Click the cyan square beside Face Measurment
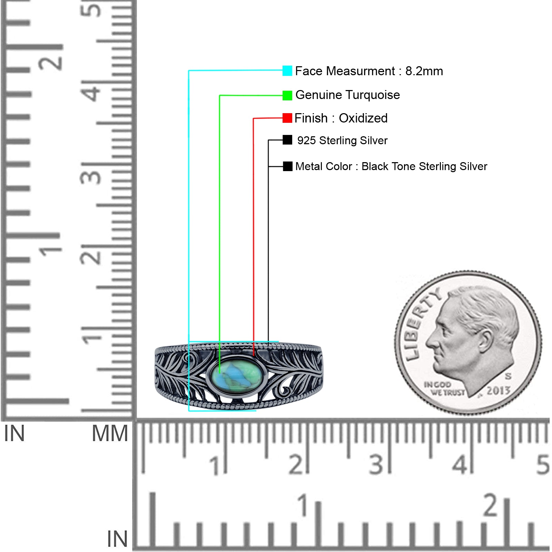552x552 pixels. (287, 71)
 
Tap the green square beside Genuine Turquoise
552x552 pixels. (287, 95)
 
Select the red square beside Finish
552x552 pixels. (287, 118)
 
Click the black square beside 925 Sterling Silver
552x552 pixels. (287, 140)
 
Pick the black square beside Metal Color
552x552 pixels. (287, 166)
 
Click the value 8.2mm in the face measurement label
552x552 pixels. (424, 71)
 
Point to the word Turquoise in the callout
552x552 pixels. (373, 95)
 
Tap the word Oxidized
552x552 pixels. (363, 118)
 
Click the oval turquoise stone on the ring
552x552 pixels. (237, 375)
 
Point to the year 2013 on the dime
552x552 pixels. (498, 391)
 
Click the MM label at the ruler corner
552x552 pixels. (110, 433)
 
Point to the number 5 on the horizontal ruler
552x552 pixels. (542, 464)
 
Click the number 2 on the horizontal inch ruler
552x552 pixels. (491, 505)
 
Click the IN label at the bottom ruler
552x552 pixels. (117, 539)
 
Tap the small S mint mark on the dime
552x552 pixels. (508, 376)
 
